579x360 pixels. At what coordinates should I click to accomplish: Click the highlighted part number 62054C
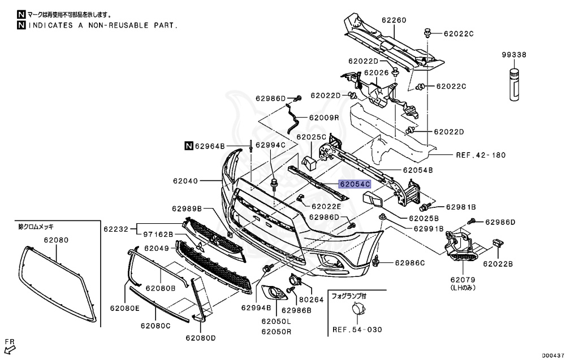click(355, 184)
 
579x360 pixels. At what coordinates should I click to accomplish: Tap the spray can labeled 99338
click(514, 84)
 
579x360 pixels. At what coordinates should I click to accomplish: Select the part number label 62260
click(394, 20)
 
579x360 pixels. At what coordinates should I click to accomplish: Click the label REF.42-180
click(480, 154)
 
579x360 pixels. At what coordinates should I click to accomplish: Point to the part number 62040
click(185, 181)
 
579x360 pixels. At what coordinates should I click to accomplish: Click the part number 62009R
click(323, 118)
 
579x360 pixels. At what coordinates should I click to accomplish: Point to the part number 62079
click(463, 279)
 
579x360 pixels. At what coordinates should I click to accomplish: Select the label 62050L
click(276, 321)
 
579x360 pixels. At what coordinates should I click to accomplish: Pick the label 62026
click(376, 72)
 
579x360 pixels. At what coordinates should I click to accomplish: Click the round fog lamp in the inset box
click(357, 310)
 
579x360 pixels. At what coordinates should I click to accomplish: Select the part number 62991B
click(429, 229)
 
